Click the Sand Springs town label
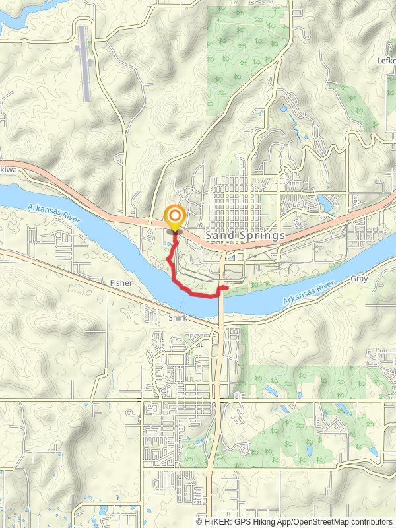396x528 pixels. point(245,235)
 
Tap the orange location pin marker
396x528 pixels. point(175,218)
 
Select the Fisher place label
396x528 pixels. point(121,283)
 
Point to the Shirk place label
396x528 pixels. point(177,318)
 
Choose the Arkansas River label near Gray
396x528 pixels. point(314,292)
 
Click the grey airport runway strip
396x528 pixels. point(84,63)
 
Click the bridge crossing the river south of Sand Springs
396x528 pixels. point(222,300)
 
